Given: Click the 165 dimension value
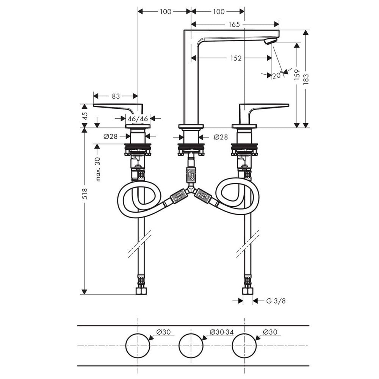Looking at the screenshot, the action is (234, 24).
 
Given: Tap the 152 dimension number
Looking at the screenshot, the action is (236, 58).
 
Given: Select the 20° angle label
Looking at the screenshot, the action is (277, 75).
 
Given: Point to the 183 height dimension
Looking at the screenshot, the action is (306, 79).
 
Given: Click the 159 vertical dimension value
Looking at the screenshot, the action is (297, 75).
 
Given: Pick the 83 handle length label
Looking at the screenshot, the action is (116, 96).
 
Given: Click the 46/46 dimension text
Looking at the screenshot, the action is (138, 119).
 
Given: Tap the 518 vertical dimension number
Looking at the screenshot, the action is (85, 194).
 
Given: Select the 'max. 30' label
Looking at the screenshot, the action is (97, 169).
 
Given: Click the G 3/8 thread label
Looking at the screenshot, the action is (276, 301).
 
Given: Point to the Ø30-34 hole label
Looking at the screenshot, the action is (222, 332).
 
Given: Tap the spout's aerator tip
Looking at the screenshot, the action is (270, 41).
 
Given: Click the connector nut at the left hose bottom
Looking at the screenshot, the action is (141, 291).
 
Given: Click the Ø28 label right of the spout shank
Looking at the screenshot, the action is (221, 137).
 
